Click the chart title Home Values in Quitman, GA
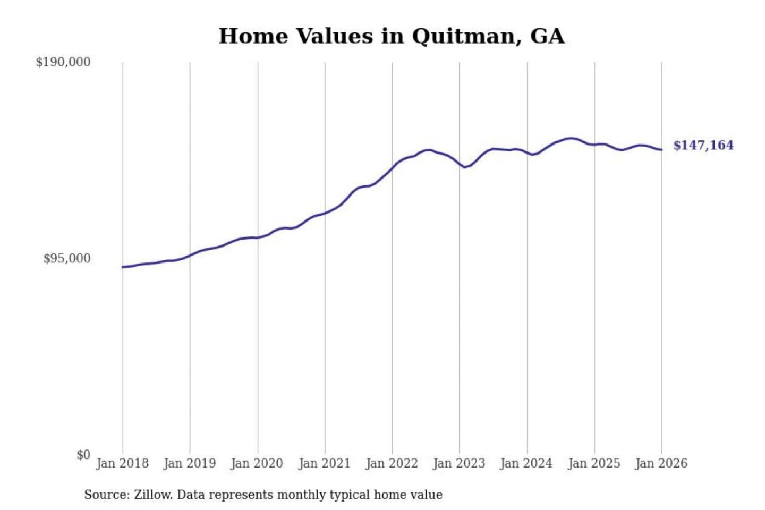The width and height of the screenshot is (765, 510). (392, 36)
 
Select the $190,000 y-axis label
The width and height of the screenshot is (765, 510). (63, 62)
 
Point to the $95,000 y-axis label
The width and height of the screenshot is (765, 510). (67, 259)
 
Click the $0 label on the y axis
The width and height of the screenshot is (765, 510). (83, 455)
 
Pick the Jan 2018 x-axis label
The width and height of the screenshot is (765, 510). (122, 463)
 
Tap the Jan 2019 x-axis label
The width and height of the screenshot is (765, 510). (190, 463)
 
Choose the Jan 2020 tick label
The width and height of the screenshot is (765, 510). (257, 463)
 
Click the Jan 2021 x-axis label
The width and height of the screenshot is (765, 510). (325, 463)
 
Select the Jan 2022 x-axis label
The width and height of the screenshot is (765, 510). (392, 463)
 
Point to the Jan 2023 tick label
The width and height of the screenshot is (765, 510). (459, 463)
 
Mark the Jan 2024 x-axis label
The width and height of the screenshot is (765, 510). (526, 463)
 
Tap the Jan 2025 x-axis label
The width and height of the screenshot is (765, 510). (594, 463)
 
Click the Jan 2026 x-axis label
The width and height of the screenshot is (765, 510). (661, 463)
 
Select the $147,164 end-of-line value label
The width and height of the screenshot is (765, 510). (703, 146)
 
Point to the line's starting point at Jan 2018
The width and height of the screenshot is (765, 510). (123, 267)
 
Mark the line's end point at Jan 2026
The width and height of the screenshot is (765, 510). (661, 150)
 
